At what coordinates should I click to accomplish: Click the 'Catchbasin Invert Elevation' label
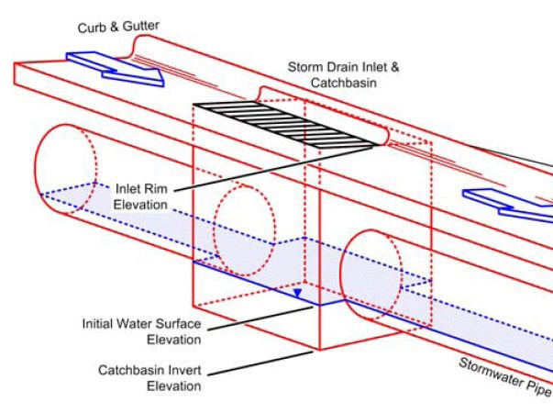149,378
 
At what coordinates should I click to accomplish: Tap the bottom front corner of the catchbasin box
317,351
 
